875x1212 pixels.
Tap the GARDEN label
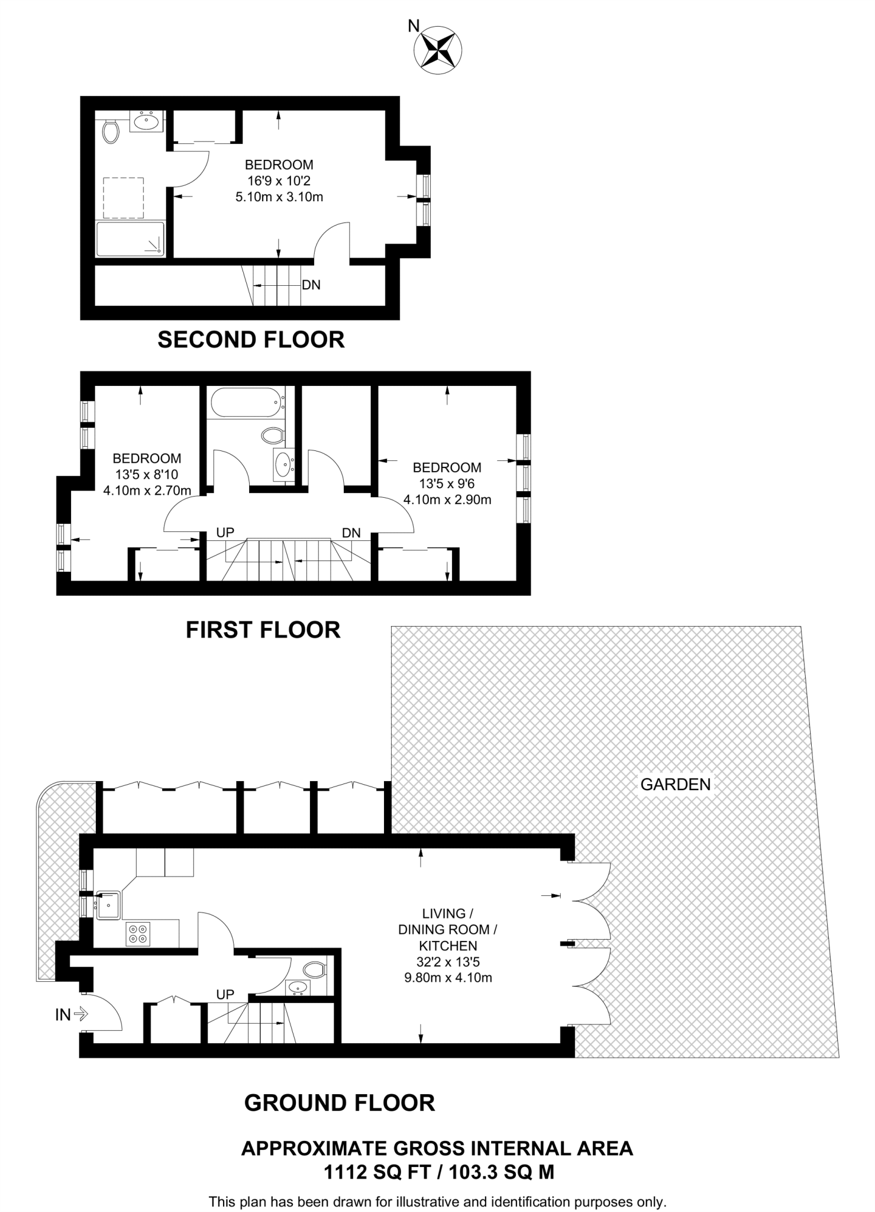675,785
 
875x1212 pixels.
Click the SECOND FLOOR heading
251,340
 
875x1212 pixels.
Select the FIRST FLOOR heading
263,630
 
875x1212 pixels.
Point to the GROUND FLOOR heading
340,1103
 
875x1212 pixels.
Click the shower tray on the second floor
130,239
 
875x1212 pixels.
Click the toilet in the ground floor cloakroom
314,970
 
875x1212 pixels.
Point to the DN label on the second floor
311,285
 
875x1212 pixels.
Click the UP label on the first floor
225,533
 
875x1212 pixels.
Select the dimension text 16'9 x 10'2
279,180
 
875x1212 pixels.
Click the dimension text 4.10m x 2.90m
447,499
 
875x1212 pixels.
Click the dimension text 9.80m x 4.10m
448,978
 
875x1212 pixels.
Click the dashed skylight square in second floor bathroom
124,198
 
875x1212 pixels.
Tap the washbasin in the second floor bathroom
146,122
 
